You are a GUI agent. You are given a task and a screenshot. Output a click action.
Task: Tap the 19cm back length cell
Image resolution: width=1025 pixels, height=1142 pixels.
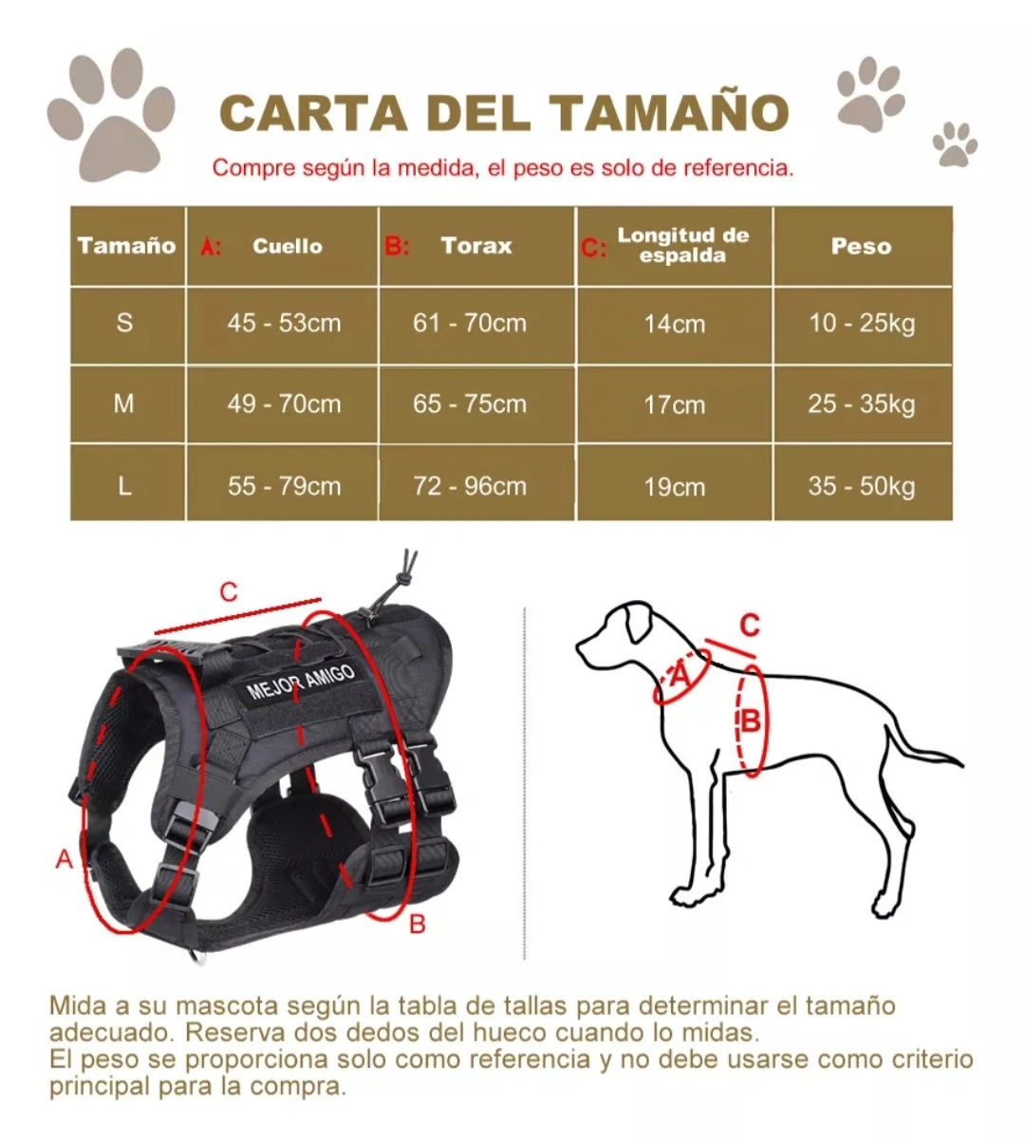pos(675,486)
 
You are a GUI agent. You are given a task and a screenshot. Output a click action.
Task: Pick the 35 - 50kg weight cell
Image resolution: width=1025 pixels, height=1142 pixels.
pos(862,486)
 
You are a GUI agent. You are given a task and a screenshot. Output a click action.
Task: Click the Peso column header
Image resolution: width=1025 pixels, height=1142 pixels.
pos(862,246)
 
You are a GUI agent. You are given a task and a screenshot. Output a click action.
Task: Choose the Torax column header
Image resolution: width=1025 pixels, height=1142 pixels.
pos(476,246)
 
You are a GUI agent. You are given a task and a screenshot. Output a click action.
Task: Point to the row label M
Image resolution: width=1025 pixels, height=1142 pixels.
pos(124,404)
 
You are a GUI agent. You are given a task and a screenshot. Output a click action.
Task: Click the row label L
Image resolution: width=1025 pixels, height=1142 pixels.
pos(124,486)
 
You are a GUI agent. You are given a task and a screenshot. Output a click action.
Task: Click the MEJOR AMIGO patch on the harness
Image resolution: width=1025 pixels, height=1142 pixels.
pos(302,682)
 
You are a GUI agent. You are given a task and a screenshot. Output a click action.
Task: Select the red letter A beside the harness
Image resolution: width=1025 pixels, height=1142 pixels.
pos(65,859)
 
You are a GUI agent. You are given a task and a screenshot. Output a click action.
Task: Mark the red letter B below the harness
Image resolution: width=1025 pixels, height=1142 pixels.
pos(417,925)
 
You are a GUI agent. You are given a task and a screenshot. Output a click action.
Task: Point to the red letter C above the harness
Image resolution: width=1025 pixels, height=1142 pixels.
pos(229,591)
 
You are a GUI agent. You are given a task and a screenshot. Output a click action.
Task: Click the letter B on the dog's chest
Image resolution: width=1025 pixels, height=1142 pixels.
pos(751,721)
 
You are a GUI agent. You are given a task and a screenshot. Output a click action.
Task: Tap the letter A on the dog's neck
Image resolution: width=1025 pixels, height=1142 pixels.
pos(680,676)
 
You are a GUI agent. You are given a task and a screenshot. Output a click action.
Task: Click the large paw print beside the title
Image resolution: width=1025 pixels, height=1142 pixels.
pos(111,115)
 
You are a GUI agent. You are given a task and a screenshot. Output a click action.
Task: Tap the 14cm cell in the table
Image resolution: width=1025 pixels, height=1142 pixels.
pos(675,324)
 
